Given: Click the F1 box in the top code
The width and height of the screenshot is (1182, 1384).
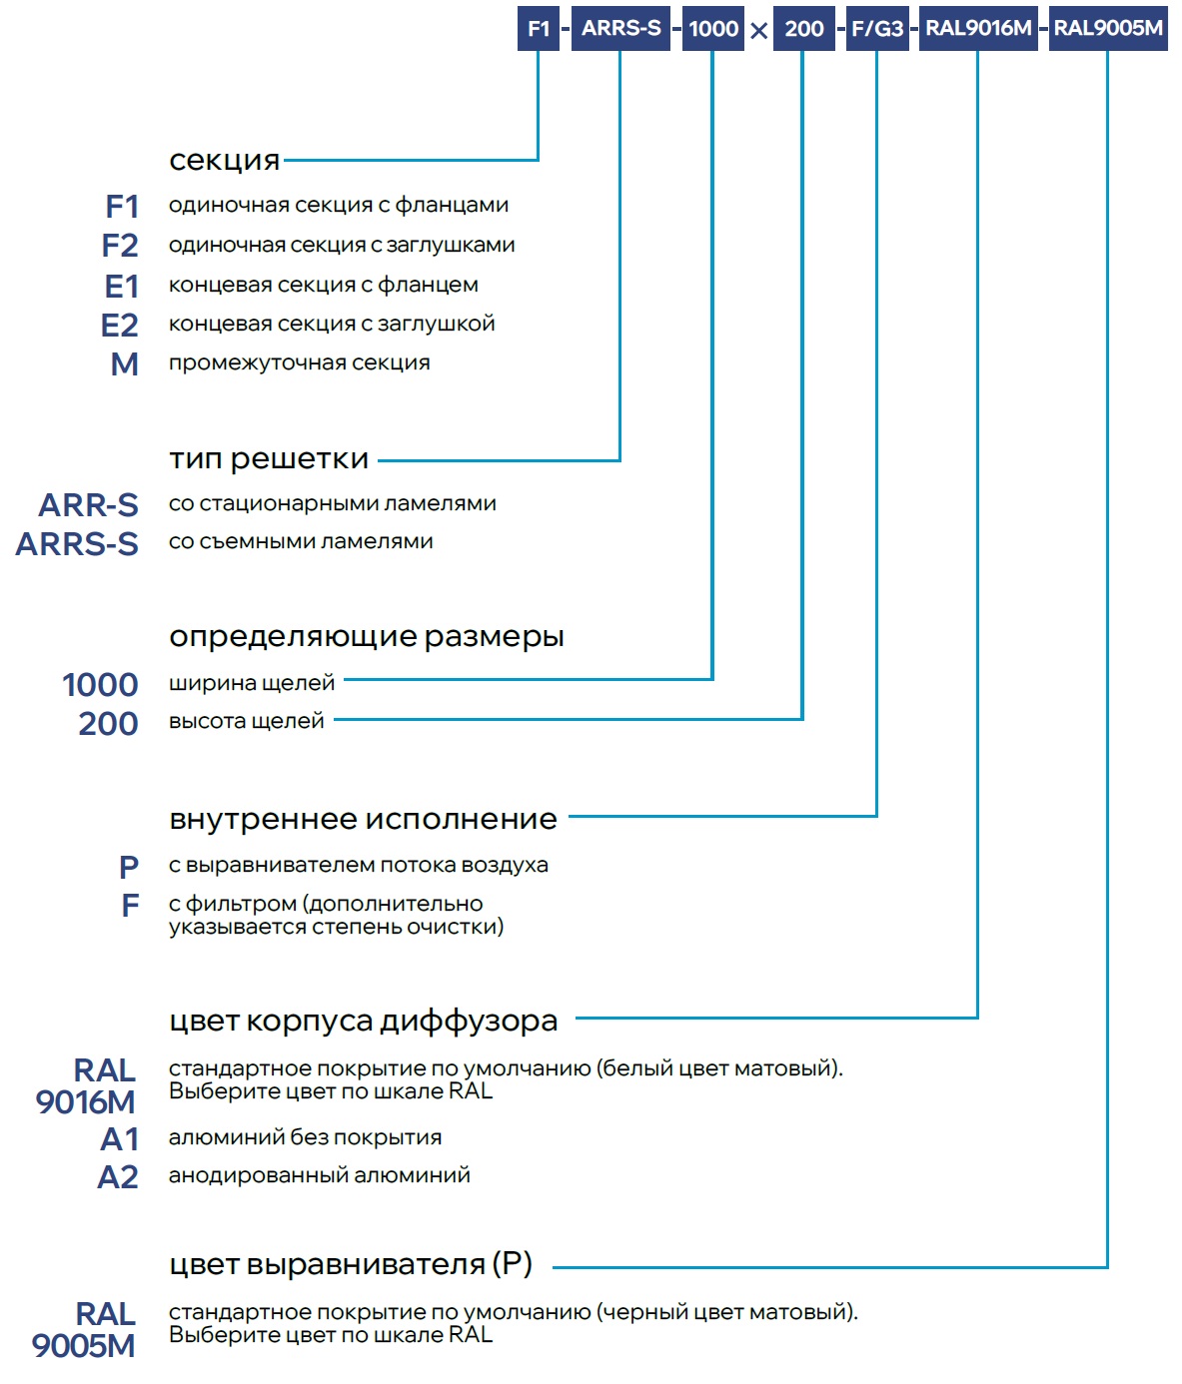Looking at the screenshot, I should click(x=539, y=28).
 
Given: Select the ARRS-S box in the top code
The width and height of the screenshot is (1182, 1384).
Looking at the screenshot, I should click(x=620, y=28).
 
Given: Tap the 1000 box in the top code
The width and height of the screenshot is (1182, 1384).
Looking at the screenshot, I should click(x=713, y=28).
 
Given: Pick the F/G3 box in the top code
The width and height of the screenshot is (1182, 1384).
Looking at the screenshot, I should click(x=877, y=28).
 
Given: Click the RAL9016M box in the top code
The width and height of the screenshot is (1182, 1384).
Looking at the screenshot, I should click(x=978, y=28).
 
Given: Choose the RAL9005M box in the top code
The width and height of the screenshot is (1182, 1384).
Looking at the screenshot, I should click(x=1108, y=28).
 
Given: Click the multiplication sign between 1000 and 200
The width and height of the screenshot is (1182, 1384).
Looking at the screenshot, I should click(x=759, y=31).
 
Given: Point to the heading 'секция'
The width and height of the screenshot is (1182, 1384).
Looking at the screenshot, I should click(x=225, y=160).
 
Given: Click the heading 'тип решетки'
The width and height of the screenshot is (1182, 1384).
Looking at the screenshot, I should click(x=269, y=459).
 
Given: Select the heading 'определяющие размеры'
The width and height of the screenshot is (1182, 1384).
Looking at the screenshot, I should click(x=367, y=636).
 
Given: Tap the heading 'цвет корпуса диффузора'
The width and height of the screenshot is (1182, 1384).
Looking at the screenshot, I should click(x=364, y=1021).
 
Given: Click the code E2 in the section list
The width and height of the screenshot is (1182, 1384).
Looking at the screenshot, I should click(x=120, y=326).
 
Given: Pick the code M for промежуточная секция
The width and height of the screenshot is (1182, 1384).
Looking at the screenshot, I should click(x=125, y=364).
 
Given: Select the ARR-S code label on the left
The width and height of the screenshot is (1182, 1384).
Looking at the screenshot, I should click(x=89, y=505).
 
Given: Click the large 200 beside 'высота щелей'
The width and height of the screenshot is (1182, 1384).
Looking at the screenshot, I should click(x=108, y=724).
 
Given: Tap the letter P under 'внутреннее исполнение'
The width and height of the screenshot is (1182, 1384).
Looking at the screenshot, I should click(x=129, y=867).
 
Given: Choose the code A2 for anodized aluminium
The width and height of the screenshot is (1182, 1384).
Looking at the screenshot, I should click(x=118, y=1177).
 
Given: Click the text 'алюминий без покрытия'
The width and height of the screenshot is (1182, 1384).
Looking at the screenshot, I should click(x=305, y=1137).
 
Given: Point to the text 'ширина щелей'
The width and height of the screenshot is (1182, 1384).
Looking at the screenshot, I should click(x=252, y=683).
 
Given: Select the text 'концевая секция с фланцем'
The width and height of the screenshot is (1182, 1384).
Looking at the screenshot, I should click(x=324, y=285).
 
